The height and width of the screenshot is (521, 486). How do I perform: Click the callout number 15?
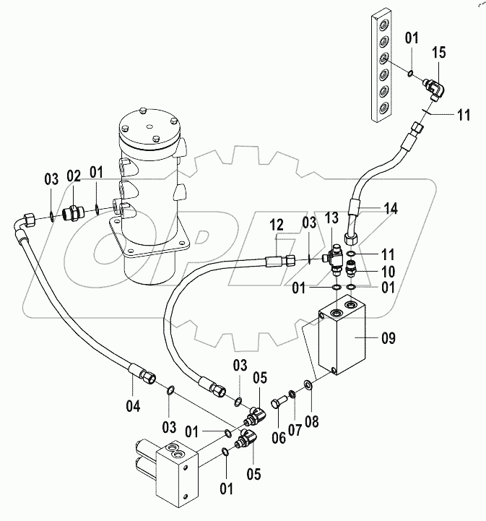pyautogui.click(x=439, y=54)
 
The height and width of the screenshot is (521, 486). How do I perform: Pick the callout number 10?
pyautogui.click(x=368, y=272)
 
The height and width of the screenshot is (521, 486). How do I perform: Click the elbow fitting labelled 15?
pyautogui.click(x=435, y=91)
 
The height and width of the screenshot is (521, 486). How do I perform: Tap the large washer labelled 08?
pyautogui.click(x=308, y=384)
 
